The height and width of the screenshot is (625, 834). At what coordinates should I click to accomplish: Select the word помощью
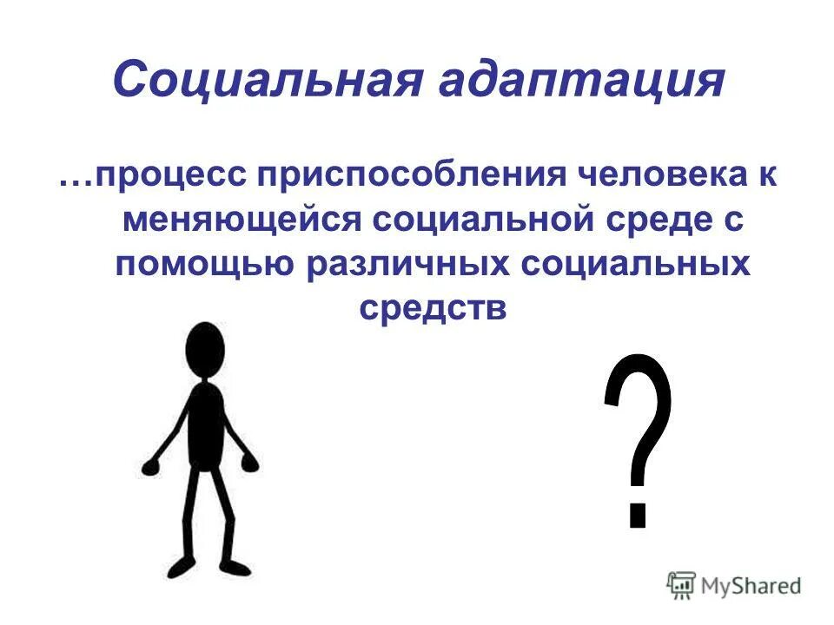pos(202,264)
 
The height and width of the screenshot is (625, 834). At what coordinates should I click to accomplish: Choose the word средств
pos(432,309)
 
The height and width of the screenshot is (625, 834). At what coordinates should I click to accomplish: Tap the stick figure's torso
pos(206,425)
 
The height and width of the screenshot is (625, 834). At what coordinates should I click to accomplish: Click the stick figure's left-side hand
pos(152,468)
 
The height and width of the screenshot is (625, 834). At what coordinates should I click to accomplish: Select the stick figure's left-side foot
pos(179,569)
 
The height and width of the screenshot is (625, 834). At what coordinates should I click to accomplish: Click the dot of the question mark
pos(638,513)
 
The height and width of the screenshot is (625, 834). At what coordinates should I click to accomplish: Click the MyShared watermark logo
pos(734,585)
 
